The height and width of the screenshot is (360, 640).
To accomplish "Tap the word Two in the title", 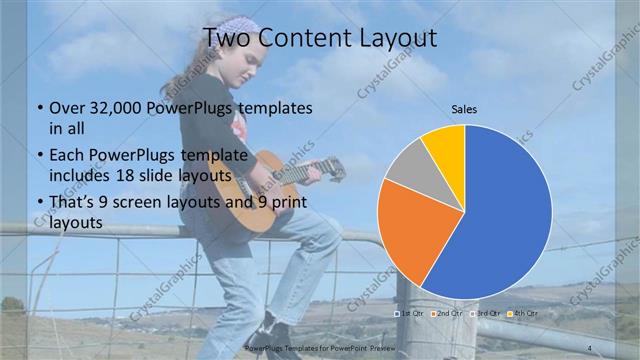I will [225, 39].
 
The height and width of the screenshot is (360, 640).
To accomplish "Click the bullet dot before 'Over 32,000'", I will [38, 108].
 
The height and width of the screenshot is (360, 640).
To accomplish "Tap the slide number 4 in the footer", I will [591, 347].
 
